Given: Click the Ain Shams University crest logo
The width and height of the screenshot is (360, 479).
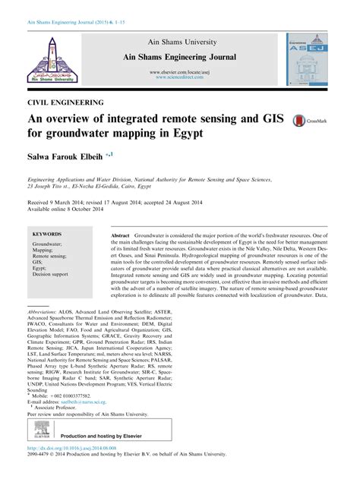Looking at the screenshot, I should (x=52, y=58).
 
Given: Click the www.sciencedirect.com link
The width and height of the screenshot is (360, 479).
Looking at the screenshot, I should (x=180, y=77).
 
